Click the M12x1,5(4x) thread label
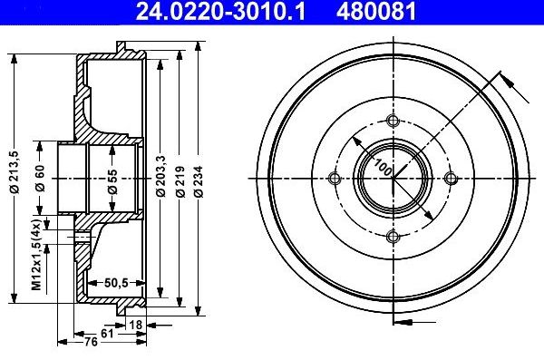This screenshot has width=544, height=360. [x=40, y=257]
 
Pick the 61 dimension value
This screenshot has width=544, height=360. [x=107, y=333]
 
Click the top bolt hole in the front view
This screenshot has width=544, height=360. [x=393, y=123]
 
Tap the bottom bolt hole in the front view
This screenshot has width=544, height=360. [x=393, y=238]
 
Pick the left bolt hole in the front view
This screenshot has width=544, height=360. [x=335, y=180]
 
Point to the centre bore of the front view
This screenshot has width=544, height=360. [x=393, y=180]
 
